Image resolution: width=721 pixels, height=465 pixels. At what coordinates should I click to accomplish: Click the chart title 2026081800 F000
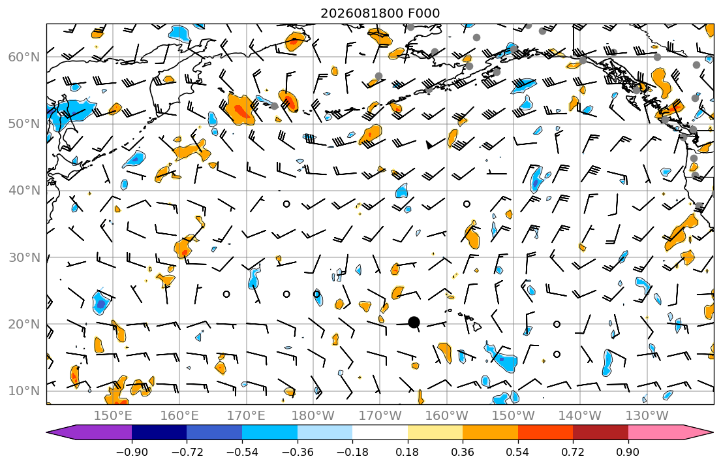tap(380, 13)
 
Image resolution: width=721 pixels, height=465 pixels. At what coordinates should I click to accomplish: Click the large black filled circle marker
tap(414, 322)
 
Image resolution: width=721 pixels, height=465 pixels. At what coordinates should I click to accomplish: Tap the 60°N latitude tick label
tap(24, 57)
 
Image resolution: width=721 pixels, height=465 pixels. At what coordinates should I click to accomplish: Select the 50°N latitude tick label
tap(24, 124)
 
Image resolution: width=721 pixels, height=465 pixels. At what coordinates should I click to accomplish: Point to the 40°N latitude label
tap(24, 191)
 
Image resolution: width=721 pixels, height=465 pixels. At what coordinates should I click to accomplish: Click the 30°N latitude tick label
tap(24, 257)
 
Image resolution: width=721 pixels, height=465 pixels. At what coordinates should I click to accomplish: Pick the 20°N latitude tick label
tap(24, 324)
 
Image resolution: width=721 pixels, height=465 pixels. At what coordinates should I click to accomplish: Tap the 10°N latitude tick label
tap(24, 391)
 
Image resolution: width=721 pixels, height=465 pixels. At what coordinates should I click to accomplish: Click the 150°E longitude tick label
tap(113, 416)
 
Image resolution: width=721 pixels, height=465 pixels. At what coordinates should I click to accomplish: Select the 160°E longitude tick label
tap(180, 416)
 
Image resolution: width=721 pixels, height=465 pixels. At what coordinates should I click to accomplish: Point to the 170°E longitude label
tap(247, 416)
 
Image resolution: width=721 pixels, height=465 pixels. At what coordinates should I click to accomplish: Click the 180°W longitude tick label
tap(313, 416)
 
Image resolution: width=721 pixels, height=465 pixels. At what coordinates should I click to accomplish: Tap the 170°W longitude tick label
tap(380, 416)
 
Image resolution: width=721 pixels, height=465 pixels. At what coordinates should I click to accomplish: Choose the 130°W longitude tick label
tap(647, 416)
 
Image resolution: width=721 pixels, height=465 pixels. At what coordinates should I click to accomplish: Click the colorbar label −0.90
tap(132, 452)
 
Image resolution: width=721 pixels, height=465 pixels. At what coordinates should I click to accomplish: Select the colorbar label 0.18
tap(407, 452)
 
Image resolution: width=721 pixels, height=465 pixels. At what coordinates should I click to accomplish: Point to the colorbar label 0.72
tap(573, 452)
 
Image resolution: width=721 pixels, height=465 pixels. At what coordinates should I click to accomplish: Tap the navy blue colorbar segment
tap(159, 432)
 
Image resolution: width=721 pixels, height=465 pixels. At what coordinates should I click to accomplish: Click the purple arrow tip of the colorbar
tap(48, 432)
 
